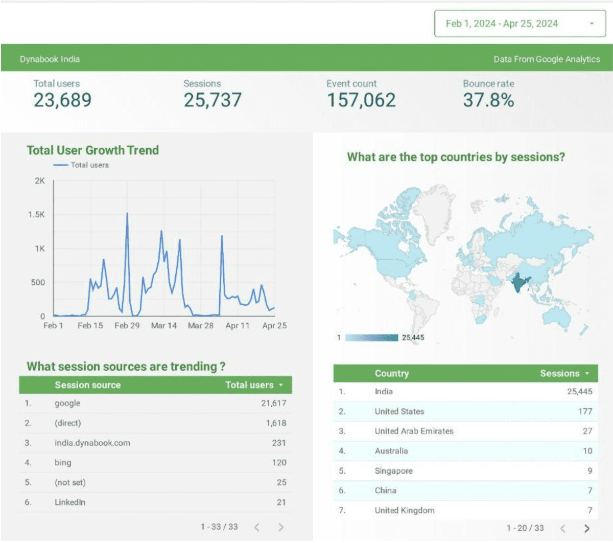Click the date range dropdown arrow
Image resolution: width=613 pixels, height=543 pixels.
tap(592, 24)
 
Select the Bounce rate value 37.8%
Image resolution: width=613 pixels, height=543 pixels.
tap(488, 100)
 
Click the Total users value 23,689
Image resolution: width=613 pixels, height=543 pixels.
tap(62, 100)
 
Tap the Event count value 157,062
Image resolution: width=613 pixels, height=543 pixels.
tap(361, 100)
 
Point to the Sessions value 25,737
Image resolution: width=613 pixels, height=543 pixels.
tap(213, 100)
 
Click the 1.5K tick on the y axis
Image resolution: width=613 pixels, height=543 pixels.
tap(36, 214)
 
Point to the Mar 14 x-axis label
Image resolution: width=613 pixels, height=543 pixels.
tap(163, 326)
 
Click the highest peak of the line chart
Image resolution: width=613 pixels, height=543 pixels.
tap(127, 213)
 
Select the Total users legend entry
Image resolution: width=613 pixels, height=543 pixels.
tap(81, 165)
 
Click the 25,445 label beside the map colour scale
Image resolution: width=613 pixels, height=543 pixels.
tap(413, 337)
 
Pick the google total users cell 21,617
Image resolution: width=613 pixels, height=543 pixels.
tap(273, 403)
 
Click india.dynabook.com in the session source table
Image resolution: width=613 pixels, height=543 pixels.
tap(92, 443)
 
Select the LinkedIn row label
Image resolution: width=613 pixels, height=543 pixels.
tap(70, 502)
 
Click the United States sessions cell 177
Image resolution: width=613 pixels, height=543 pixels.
tap(585, 411)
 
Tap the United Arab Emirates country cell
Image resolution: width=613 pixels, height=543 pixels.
tap(414, 431)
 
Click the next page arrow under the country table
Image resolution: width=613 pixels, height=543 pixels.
tap(586, 529)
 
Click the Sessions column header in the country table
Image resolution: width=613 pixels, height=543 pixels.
tap(560, 373)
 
